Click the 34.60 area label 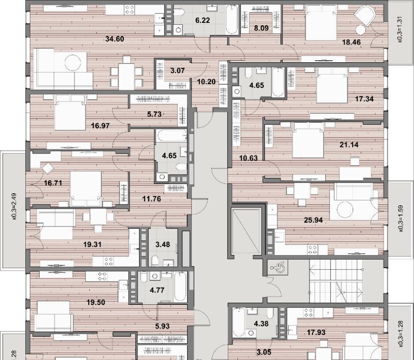(x=115, y=39)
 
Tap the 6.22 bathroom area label (x=202, y=20)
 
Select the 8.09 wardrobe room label (x=261, y=28)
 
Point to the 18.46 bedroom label (x=351, y=42)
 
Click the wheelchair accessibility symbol (x=277, y=268)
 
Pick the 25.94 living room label (x=313, y=220)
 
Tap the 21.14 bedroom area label (x=349, y=145)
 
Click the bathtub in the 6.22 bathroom (x=232, y=20)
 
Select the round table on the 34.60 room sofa (x=73, y=62)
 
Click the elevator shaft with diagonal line (x=246, y=231)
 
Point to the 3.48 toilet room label (x=163, y=244)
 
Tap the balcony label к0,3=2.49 (x=14, y=206)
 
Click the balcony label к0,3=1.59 (x=400, y=218)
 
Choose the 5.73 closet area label (x=154, y=114)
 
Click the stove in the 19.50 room (x=102, y=276)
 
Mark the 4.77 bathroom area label (x=157, y=290)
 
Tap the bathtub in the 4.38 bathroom (x=238, y=322)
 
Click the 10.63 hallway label (x=248, y=158)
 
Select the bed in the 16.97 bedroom (x=70, y=113)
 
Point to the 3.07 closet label (x=178, y=70)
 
